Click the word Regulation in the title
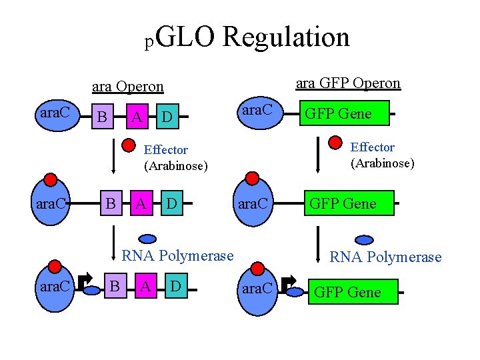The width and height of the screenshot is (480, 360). click(x=286, y=37)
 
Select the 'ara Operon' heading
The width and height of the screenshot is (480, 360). click(x=127, y=87)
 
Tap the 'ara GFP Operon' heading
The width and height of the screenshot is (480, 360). click(x=348, y=83)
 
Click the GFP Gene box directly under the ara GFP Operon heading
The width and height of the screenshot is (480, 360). click(x=338, y=114)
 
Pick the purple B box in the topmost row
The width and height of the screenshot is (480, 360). click(x=102, y=117)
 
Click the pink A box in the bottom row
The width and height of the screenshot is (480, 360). click(x=144, y=287)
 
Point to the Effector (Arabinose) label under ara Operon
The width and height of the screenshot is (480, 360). click(x=175, y=157)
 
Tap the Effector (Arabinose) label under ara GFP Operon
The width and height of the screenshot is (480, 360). click(x=382, y=155)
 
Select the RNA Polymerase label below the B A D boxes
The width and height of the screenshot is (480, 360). click(x=177, y=255)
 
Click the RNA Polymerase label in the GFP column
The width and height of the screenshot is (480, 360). click(x=386, y=257)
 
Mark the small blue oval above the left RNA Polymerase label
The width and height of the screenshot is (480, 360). click(x=147, y=238)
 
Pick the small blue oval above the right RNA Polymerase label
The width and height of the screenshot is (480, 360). click(x=364, y=240)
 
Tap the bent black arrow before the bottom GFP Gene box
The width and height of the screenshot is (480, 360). click(x=290, y=285)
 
